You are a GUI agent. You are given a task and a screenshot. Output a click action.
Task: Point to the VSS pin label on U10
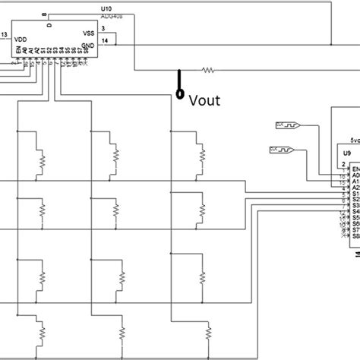(x=88, y=34)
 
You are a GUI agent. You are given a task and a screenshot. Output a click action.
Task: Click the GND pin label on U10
(x=90, y=46)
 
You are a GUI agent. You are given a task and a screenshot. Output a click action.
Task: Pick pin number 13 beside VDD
(x=5, y=35)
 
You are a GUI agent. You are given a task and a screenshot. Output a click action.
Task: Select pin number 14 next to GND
(x=104, y=39)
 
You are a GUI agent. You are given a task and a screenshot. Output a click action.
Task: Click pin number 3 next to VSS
(x=103, y=28)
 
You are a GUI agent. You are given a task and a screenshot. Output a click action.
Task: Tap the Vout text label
(x=204, y=99)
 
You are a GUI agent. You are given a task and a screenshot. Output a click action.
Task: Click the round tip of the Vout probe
(x=179, y=95)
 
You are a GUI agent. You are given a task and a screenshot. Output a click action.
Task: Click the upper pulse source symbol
(x=286, y=125)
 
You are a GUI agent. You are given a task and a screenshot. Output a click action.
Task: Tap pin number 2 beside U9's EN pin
(x=343, y=163)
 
